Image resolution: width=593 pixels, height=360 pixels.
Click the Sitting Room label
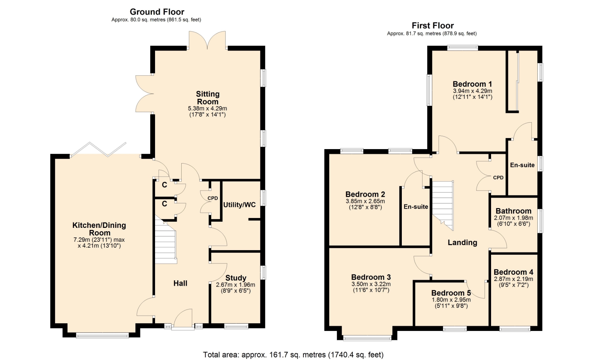pos(208,98)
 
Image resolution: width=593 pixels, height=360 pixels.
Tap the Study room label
pos(236,278)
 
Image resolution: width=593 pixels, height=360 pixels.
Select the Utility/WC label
pos(239,205)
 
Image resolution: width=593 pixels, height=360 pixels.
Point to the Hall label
pos(180,283)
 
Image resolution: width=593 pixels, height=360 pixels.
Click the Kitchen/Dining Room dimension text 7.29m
pos(82,240)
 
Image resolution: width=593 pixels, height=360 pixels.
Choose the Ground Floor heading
pos(157,12)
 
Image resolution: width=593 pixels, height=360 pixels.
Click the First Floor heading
pos(433,26)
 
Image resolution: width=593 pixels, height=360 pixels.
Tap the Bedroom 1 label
pos(472,84)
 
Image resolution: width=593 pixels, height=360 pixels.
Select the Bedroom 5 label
pos(451,293)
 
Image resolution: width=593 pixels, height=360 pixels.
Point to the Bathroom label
pos(514,211)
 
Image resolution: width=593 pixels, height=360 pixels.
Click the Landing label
pos(462,243)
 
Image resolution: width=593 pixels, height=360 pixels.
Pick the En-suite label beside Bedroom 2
pos(416,207)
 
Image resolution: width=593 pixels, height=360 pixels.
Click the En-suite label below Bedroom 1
pos(522,165)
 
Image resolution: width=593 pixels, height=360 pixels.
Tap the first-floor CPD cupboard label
pos(498,178)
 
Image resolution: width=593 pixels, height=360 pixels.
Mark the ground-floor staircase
pos(166,241)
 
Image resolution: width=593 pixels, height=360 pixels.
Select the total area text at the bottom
pos(293,355)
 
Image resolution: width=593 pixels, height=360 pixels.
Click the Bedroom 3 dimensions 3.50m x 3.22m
pos(371,284)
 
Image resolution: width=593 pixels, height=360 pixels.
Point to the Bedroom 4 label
pos(513,272)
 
